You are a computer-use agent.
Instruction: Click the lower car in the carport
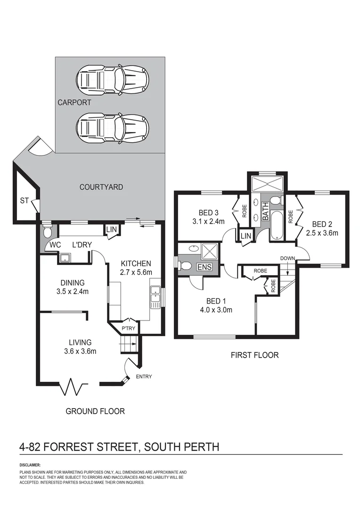[113, 127]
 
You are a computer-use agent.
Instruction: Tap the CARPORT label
[74, 102]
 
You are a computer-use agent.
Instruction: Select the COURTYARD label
[101, 187]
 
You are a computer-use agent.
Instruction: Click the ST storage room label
[25, 201]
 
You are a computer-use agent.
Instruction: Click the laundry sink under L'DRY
[65, 257]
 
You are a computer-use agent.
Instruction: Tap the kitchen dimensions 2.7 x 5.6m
[136, 272]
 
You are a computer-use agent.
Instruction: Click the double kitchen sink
[155, 296]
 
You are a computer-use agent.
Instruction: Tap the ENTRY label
[144, 376]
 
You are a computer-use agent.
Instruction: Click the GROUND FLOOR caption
[95, 411]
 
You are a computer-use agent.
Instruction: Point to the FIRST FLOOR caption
[254, 355]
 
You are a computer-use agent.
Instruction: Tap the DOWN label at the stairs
[287, 258]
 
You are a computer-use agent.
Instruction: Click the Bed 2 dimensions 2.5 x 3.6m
[322, 232]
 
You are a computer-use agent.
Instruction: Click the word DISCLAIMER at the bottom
[30, 465]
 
